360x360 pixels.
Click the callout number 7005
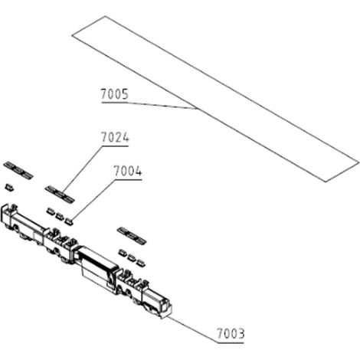[114, 94]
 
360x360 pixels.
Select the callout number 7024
[115, 137]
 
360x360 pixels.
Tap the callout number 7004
[128, 171]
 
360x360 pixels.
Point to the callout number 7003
[231, 333]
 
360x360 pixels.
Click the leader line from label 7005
[149, 105]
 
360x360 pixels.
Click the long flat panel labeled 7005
[215, 99]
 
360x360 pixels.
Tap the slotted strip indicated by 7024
[60, 194]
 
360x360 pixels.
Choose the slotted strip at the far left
[18, 170]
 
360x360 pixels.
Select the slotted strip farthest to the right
[132, 235]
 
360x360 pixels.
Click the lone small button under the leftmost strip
[9, 187]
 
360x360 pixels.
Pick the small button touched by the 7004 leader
[68, 221]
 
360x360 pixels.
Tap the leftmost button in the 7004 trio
[51, 211]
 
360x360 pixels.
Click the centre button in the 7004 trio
[60, 216]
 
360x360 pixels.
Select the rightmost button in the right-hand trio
[140, 263]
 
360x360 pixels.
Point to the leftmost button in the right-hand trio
[123, 253]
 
